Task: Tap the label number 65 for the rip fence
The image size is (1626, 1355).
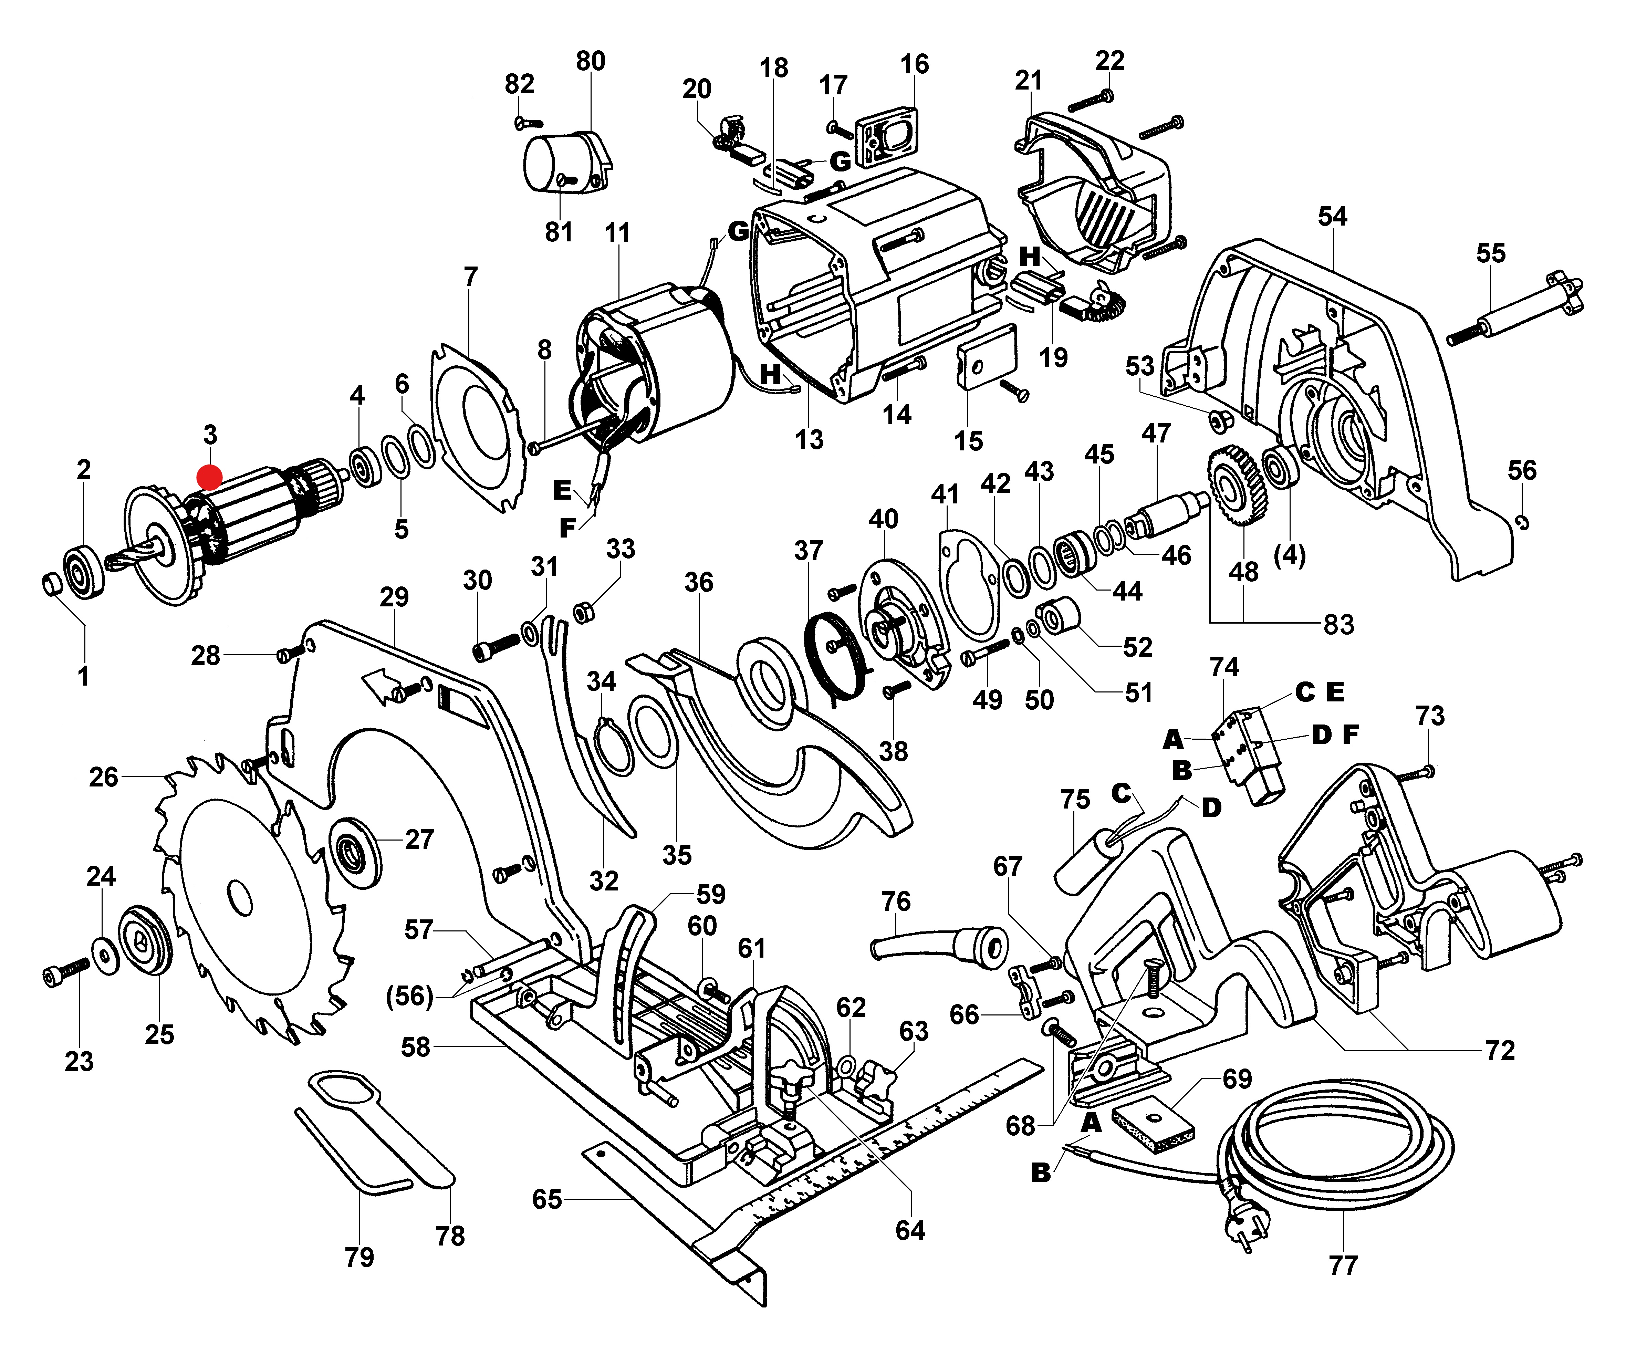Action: [546, 1199]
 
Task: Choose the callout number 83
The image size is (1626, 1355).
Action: [1338, 624]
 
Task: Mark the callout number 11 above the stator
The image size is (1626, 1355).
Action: [617, 233]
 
